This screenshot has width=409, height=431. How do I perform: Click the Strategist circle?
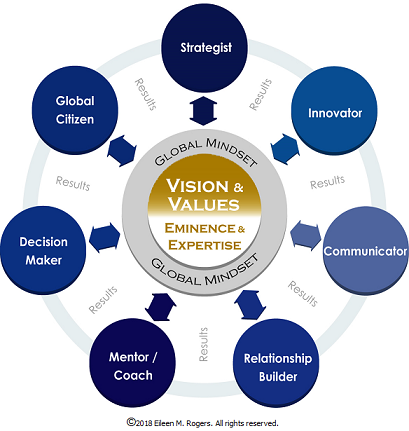(204, 48)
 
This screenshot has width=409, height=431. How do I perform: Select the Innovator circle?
(334, 110)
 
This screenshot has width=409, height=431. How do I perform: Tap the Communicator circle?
(366, 251)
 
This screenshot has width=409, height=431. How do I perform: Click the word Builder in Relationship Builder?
(278, 377)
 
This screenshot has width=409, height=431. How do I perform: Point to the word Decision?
(44, 242)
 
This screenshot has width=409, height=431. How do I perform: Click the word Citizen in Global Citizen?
(75, 119)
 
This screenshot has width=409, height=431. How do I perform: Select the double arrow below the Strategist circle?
(203, 111)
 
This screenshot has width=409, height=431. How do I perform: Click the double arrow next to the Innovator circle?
(285, 149)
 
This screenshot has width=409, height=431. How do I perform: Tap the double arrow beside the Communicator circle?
(306, 235)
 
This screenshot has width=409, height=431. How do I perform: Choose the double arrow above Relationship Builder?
(250, 305)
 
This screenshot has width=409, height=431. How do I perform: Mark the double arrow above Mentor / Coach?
(161, 307)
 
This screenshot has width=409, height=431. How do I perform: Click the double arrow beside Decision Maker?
(104, 237)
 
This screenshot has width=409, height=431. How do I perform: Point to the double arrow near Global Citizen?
(122, 150)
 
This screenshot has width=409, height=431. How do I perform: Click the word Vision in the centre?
(197, 186)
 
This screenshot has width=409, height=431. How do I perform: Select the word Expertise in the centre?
(205, 245)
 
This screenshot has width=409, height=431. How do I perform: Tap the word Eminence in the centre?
(200, 228)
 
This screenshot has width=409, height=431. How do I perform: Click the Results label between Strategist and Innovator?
(261, 94)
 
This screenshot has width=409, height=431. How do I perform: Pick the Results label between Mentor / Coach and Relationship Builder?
(203, 344)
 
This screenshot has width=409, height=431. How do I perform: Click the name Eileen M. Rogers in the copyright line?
(182, 423)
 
